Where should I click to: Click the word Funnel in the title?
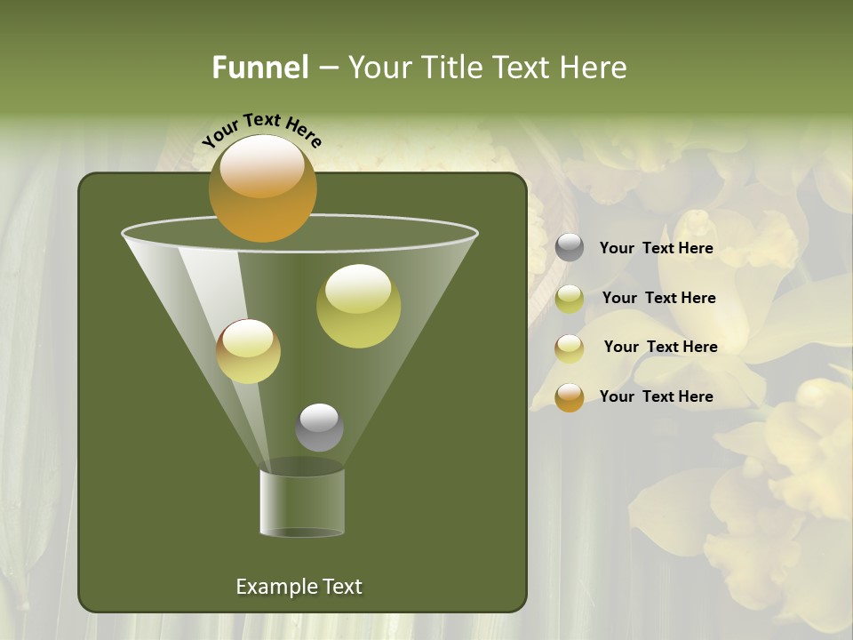[x=259, y=67]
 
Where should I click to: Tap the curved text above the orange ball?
[x=262, y=130]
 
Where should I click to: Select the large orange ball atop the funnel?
[x=262, y=189]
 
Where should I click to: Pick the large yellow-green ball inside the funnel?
[x=358, y=306]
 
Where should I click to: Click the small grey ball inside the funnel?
[x=319, y=428]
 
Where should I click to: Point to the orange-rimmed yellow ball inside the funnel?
[x=248, y=351]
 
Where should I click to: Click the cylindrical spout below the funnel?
[x=302, y=503]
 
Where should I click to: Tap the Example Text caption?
[x=299, y=587]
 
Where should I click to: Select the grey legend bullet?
[x=570, y=248]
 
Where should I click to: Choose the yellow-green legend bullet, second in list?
[x=570, y=299]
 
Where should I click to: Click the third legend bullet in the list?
[x=570, y=348]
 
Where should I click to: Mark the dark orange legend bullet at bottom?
[x=570, y=397]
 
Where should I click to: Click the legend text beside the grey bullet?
[x=656, y=248]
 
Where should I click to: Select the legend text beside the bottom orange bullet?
[x=656, y=396]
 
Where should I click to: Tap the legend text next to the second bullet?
[x=658, y=298]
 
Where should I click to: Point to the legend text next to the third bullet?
[x=660, y=347]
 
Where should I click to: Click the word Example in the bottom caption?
[x=275, y=587]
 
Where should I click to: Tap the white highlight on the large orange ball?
[x=261, y=166]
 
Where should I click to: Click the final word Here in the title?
[x=595, y=67]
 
